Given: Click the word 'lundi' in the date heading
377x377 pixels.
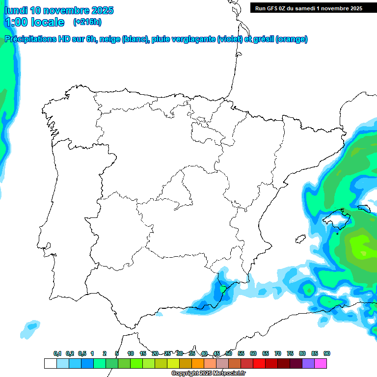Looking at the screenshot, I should pos(16,10).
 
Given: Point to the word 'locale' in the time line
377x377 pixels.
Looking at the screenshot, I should pos(47,22).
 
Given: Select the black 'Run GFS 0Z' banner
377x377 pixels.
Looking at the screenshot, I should pos(309,8).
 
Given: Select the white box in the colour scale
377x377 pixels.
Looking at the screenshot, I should pos(50,363).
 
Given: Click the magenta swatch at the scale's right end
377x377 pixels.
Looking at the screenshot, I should pos(321,363).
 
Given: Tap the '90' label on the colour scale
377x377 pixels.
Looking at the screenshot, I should pos(327,353).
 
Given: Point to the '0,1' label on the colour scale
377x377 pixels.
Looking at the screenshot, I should pos(57,353).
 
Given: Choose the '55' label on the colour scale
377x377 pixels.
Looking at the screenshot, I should pos(241,353).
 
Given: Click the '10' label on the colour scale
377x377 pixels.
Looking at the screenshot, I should pos(131,353).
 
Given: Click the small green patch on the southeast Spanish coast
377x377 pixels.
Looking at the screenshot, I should pos(222,289).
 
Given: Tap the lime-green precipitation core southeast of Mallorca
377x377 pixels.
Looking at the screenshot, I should pos(361,245).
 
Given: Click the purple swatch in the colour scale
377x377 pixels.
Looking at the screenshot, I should pos(308,363).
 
